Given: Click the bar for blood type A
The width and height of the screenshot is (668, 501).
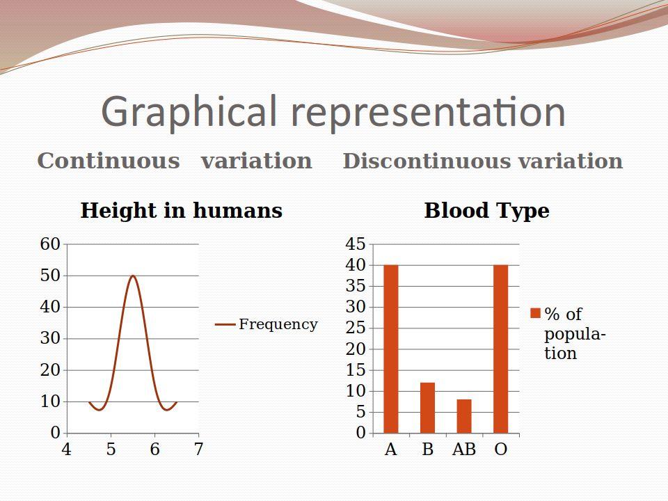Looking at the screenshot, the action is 390,349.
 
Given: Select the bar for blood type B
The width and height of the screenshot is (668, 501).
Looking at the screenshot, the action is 427,408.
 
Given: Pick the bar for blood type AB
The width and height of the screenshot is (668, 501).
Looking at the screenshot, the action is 464,416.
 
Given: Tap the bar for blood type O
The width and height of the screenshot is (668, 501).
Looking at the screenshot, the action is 500,349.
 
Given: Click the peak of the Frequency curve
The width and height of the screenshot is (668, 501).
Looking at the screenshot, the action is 133,276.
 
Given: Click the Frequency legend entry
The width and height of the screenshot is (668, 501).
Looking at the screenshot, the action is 267,324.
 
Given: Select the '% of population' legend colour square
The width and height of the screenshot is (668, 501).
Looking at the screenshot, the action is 535,313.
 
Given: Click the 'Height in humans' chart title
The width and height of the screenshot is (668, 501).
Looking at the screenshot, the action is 182,211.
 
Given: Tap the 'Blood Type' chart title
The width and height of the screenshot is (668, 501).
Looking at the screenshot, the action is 486,211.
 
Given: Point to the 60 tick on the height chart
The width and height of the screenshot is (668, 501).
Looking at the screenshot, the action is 50,244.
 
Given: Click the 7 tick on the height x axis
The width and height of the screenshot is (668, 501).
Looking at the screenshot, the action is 198,449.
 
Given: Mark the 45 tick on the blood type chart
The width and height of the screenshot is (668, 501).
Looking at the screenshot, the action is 356,244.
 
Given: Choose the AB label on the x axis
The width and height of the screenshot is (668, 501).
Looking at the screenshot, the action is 464,449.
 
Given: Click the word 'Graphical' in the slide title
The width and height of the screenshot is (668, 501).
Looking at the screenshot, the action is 189,111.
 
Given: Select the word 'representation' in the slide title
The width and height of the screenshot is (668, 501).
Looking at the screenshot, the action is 428,111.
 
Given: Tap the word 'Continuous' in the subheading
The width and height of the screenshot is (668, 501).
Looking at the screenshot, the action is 109,161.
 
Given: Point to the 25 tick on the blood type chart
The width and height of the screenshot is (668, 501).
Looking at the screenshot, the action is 356,328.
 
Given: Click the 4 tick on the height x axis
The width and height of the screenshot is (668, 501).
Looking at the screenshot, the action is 67,449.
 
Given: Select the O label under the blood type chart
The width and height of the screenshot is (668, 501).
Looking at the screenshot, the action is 500,449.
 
